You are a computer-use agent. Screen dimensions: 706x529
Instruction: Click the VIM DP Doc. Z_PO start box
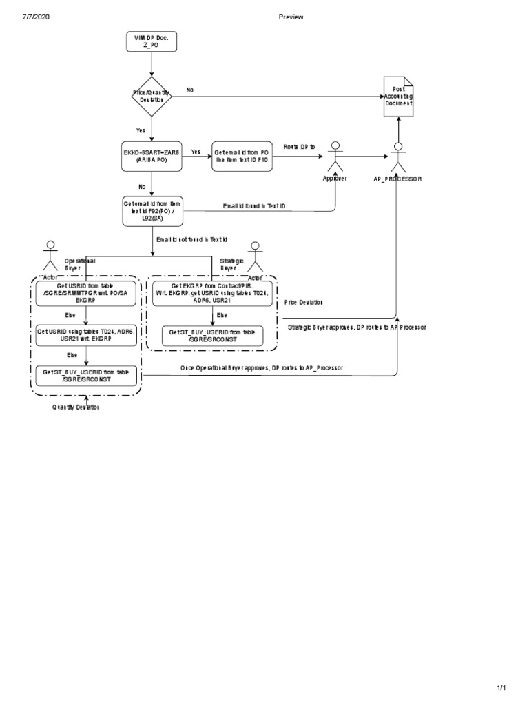pos(151,43)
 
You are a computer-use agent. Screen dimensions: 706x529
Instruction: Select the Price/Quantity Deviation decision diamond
pos(151,96)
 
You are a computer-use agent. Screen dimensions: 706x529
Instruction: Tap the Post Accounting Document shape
pos(398,97)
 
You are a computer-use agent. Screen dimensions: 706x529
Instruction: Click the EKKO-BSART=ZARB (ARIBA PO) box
pos(151,157)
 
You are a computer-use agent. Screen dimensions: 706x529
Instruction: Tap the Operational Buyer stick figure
pos(50,257)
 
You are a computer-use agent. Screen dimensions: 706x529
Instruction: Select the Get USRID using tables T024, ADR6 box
pos(86,334)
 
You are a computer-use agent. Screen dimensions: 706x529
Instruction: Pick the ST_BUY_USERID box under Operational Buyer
pos(86,376)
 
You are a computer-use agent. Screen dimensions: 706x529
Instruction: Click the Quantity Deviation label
pos(76,407)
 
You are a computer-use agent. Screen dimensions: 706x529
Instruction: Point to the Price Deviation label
pos(304,302)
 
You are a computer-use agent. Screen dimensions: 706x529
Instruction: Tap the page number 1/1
pos(501,688)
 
